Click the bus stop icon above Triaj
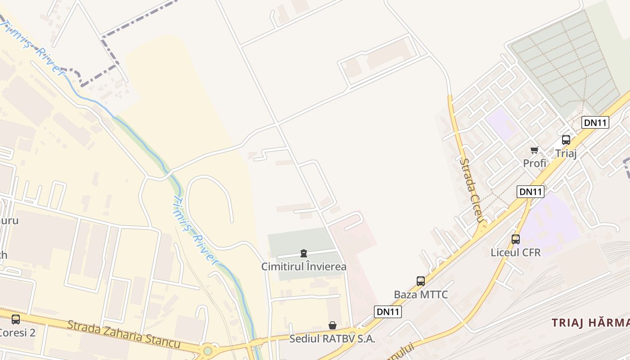(x=566, y=140)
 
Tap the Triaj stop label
(x=566, y=153)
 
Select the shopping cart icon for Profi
(x=534, y=150)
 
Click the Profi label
(x=535, y=163)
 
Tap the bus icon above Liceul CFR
(x=516, y=239)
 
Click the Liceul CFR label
(x=516, y=252)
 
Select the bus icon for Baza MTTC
(x=421, y=281)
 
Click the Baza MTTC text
(x=421, y=295)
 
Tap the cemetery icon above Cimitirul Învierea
(x=304, y=254)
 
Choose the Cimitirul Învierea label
(x=304, y=267)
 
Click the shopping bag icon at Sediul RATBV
(x=333, y=325)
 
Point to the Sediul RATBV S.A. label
(x=332, y=339)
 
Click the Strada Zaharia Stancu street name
(x=124, y=334)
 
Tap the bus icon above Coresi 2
(x=16, y=319)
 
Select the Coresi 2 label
(x=17, y=333)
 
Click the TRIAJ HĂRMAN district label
(x=590, y=323)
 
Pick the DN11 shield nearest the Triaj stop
(x=595, y=122)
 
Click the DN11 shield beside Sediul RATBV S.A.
(x=387, y=312)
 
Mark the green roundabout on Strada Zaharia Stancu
(x=207, y=351)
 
